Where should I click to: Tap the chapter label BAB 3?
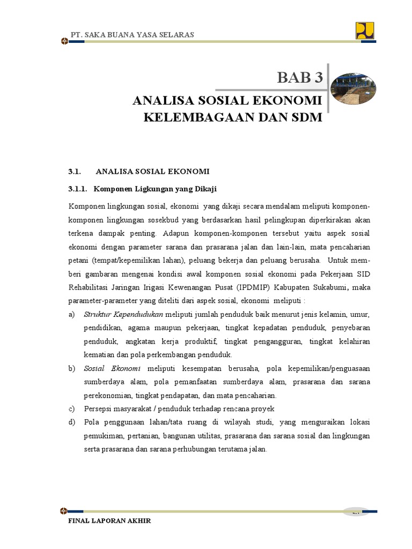pos(300,78)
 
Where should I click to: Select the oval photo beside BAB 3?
pos(352,88)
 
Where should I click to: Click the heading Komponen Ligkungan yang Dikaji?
pos(155,189)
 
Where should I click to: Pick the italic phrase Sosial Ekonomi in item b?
pos(112,369)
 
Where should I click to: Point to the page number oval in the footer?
pos(355,512)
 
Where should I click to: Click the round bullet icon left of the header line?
pos(64,41)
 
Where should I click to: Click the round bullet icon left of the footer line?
pos(64,511)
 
